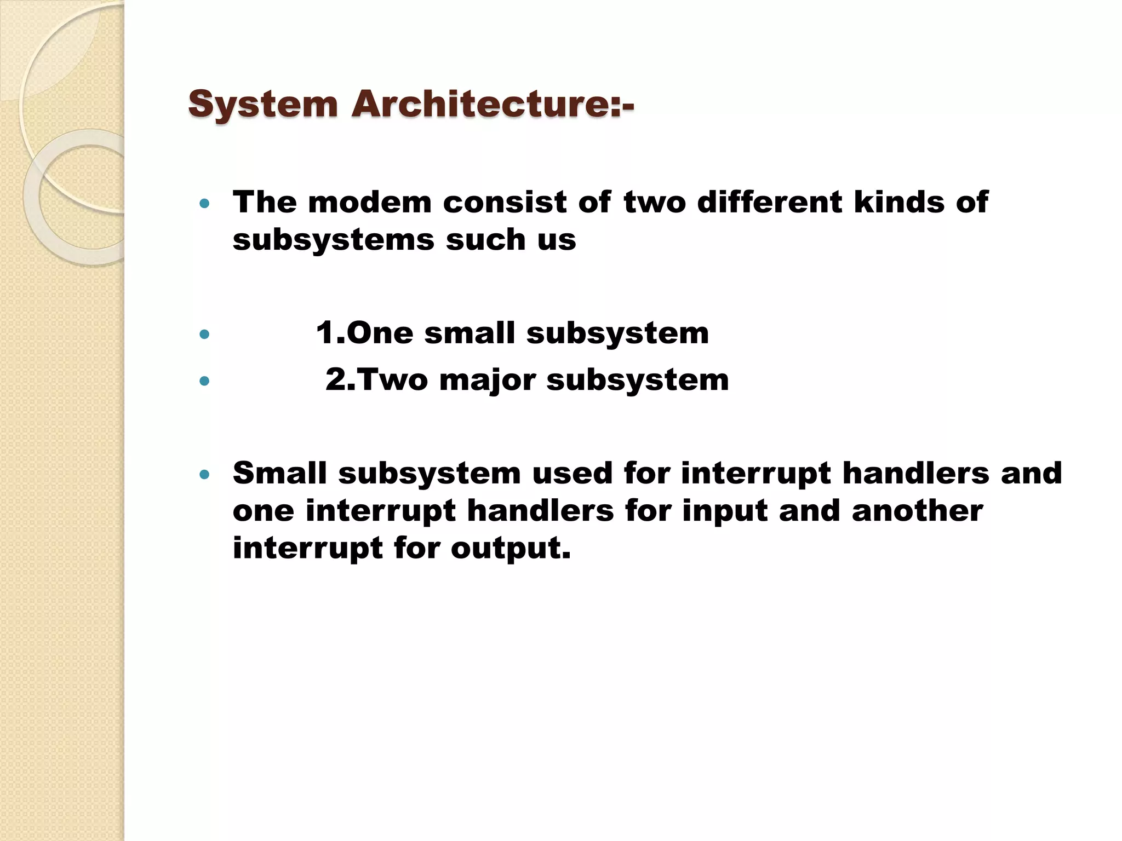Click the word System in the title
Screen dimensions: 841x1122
pos(263,105)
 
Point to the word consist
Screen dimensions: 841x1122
pos(505,203)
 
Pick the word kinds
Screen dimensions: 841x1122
pos(899,203)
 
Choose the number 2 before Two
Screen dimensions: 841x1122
pos(336,380)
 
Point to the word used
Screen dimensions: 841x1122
pos(572,474)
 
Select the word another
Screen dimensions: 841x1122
pos(917,511)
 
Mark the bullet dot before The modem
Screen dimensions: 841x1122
pos(204,204)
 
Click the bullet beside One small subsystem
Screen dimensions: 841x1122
pos(204,334)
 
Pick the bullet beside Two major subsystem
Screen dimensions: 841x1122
pos(204,381)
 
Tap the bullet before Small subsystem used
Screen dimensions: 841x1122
pos(204,475)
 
